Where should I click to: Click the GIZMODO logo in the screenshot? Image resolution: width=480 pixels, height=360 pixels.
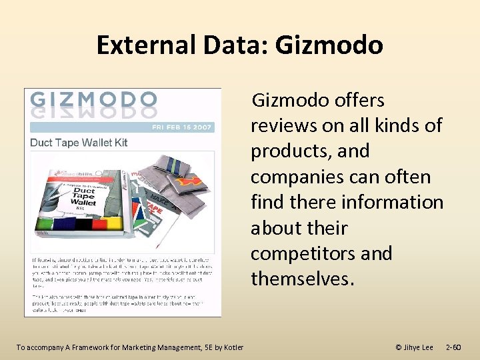[x=93, y=101]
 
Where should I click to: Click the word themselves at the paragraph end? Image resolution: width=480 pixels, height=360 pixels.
[x=300, y=279]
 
